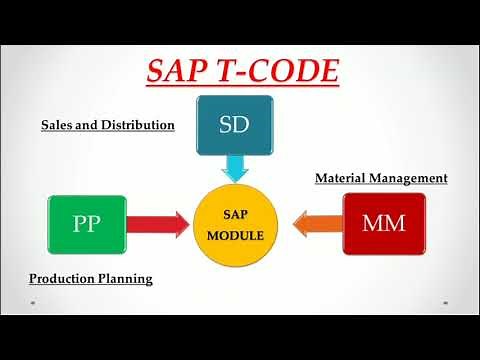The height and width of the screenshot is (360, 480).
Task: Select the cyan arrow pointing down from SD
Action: [x=236, y=167]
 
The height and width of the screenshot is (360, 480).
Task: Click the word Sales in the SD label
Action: [x=58, y=126]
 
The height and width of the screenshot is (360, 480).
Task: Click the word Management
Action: [x=410, y=178]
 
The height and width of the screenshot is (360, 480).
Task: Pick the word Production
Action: [x=63, y=279]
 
